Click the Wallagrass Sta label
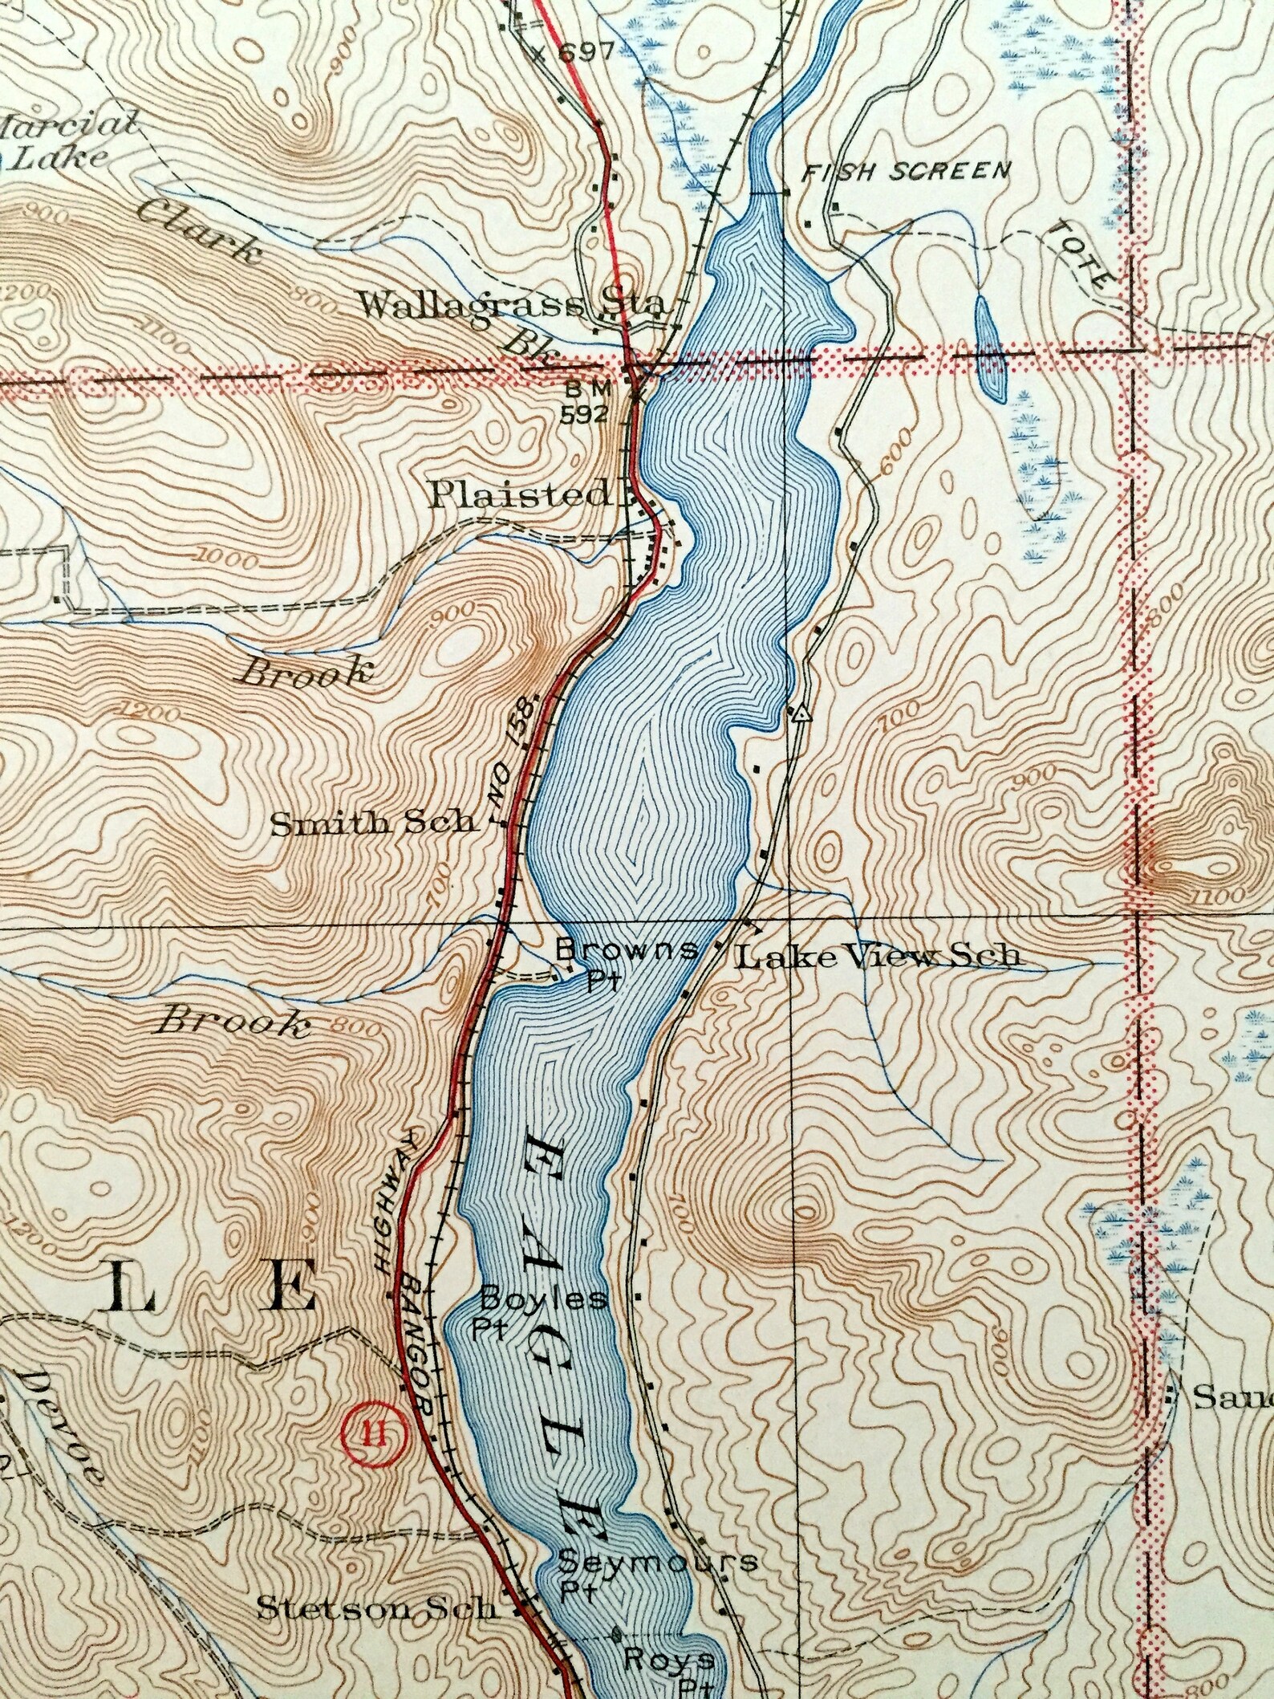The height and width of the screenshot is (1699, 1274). [x=511, y=306]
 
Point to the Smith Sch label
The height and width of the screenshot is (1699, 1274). [x=371, y=824]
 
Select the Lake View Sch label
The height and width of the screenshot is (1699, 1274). [x=878, y=956]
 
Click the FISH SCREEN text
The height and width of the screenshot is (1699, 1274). [x=907, y=171]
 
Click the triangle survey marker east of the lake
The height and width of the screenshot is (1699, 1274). [x=799, y=713]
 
